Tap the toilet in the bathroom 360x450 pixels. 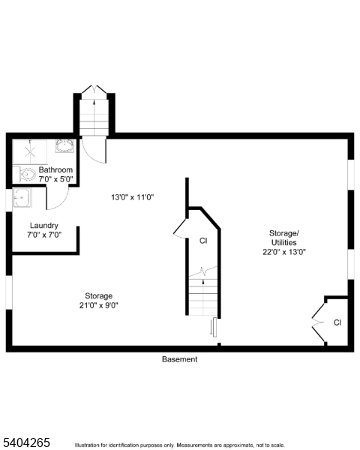click(28, 175)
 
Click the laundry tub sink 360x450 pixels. click(22, 198)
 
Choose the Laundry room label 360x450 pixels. click(44, 226)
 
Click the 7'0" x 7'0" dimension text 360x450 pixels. click(44, 235)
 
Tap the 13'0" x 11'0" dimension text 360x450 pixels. click(132, 197)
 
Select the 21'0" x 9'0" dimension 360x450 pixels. click(98, 305)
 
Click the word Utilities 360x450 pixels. click(284, 242)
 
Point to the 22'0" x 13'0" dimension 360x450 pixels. click(284, 252)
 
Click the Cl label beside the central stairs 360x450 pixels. click(203, 241)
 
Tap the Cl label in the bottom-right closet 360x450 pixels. click(337, 322)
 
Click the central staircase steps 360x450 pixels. click(203, 295)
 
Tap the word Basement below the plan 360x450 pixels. click(180, 359)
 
